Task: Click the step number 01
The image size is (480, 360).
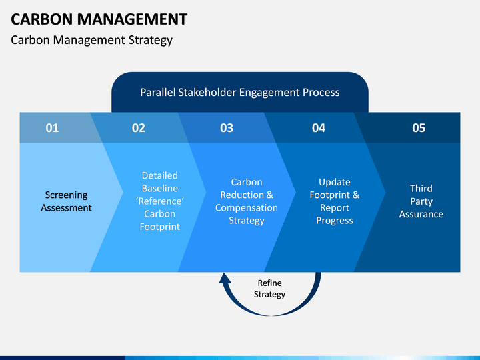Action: point(52,128)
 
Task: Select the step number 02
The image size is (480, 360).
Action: point(139,128)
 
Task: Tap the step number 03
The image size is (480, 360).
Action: point(227,128)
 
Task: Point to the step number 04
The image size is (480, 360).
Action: point(319,128)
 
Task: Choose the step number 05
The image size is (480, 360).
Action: point(419,128)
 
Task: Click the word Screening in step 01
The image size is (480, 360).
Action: point(67,195)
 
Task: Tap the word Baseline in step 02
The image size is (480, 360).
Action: point(160,188)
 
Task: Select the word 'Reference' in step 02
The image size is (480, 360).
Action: point(160,201)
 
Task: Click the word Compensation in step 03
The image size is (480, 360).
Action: point(247,208)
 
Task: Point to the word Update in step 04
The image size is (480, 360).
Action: point(335,183)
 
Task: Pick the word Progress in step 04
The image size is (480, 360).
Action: point(335,221)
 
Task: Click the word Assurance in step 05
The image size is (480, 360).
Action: point(421,214)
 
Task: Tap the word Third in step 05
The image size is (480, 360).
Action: point(421,188)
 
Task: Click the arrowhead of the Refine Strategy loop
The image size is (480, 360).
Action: point(225,278)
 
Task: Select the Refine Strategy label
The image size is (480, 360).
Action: point(269,289)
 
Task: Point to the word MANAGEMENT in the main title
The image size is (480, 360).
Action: point(132,19)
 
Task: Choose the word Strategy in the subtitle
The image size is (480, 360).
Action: point(150,41)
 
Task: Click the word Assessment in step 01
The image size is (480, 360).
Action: point(67,208)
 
